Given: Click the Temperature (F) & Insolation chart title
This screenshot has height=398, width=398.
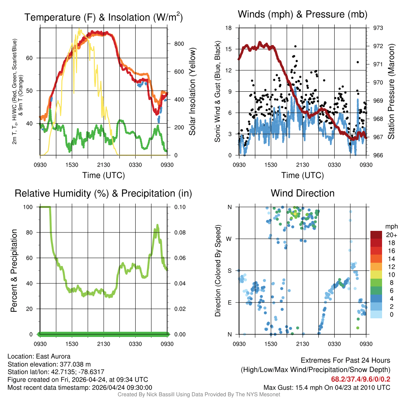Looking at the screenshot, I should [x=103, y=17].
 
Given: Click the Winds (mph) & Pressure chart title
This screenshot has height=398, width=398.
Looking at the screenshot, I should [x=302, y=14].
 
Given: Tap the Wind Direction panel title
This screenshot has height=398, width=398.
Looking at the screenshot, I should [x=302, y=193].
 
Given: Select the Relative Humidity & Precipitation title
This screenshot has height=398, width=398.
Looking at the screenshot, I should [x=103, y=193].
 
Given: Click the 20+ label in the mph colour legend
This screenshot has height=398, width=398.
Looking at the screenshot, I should [x=389, y=235].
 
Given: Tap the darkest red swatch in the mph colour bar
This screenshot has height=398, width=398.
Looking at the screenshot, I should [x=376, y=235].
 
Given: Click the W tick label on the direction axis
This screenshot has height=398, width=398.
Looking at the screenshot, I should [x=230, y=239].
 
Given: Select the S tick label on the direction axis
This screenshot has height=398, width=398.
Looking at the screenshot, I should [x=230, y=271].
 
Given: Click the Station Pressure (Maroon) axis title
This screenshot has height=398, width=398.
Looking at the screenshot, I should [x=391, y=92].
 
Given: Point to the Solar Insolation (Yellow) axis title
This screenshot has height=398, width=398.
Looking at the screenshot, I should [x=192, y=92].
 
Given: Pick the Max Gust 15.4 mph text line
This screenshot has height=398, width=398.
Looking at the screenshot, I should [x=327, y=387].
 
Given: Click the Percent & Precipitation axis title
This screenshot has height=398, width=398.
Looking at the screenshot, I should [x=14, y=271].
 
